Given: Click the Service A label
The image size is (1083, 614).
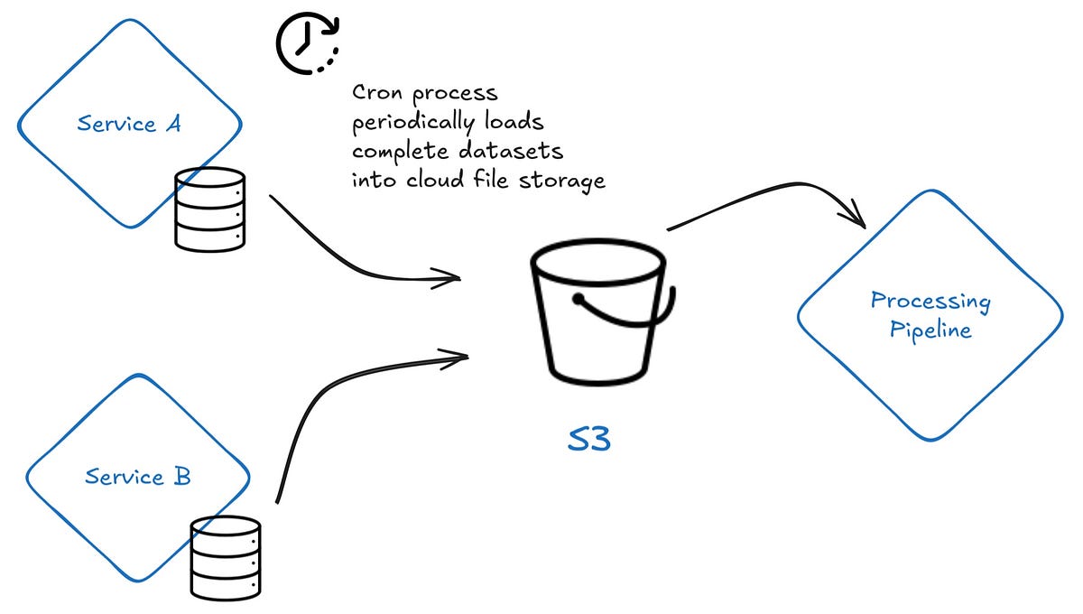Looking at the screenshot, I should pos(128,124).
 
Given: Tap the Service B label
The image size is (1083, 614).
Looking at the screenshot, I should pos(137,476).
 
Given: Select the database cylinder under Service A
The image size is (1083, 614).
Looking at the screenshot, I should pos(209,209).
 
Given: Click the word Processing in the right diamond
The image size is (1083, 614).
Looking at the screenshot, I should pos(930,302).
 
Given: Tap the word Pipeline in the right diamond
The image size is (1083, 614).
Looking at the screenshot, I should pos(930,330).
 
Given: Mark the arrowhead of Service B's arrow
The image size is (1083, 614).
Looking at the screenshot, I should pos(456,358).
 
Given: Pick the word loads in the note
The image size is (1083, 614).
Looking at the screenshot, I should pos(514,122).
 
